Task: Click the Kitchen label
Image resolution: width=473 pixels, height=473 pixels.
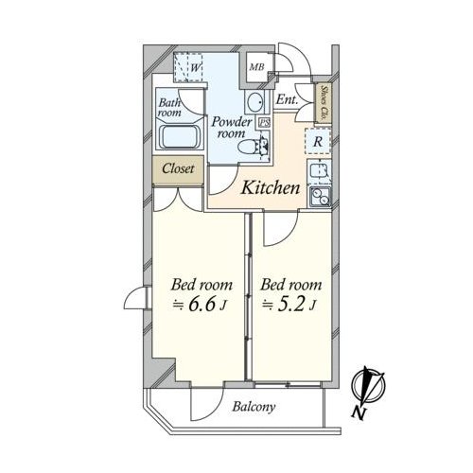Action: pos(271,188)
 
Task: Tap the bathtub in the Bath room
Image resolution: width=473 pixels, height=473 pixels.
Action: pos(180,136)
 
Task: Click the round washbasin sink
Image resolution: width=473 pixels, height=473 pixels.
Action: pos(255,102)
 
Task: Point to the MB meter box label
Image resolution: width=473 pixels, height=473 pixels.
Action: pos(256,67)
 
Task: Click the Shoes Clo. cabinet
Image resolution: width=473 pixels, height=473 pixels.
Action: pos(324,103)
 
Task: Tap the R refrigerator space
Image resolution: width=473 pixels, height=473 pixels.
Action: pos(318,142)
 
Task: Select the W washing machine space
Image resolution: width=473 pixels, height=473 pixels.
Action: pos(189,67)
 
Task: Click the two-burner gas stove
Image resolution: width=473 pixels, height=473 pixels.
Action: pos(320,196)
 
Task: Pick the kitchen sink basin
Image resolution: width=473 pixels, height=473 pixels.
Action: pos(319,171)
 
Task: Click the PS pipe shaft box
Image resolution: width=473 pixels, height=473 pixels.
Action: pos(264,122)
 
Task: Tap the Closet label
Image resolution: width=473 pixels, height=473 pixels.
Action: pos(178,168)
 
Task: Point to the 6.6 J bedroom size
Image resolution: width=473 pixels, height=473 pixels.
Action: pos(199,305)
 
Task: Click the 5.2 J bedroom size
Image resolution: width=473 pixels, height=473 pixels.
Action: pos(289,305)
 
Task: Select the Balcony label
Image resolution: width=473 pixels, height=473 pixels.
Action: pos(254,407)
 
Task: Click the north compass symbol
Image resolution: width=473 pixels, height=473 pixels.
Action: pos(369,385)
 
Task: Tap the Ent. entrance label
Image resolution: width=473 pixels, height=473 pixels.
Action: pos(287,100)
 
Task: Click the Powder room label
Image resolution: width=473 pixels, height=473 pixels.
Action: pos(232,128)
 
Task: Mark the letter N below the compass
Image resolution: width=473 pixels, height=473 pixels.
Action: pos(359,413)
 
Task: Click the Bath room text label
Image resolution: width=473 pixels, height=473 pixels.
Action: pos(169,108)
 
